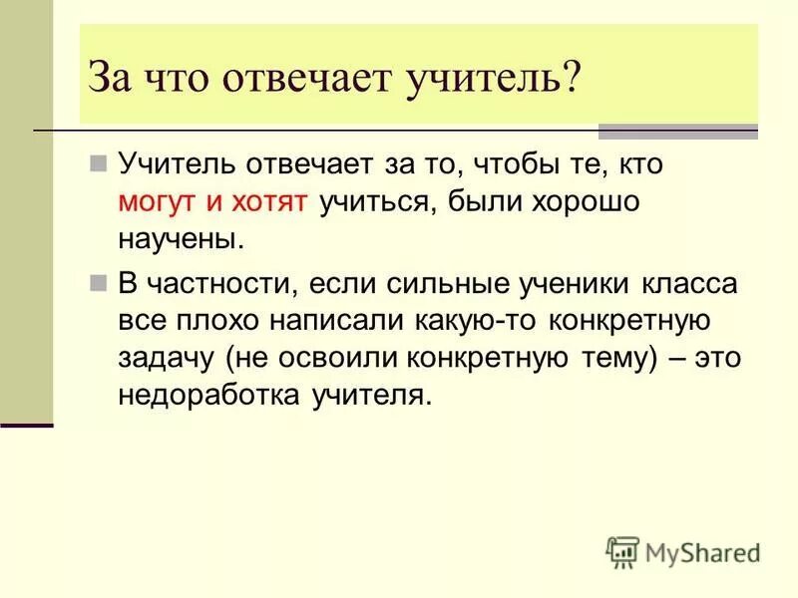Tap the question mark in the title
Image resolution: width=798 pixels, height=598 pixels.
[x=570, y=79]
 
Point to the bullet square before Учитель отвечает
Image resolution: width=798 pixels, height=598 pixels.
[x=98, y=162]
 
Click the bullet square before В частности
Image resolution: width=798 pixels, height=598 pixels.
[x=98, y=282]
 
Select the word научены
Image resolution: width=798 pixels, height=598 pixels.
[x=180, y=240]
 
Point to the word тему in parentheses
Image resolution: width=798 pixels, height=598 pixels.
[x=609, y=359]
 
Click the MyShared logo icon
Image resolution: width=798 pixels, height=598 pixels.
[x=622, y=551]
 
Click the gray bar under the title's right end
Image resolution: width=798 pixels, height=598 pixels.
[x=677, y=132]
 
